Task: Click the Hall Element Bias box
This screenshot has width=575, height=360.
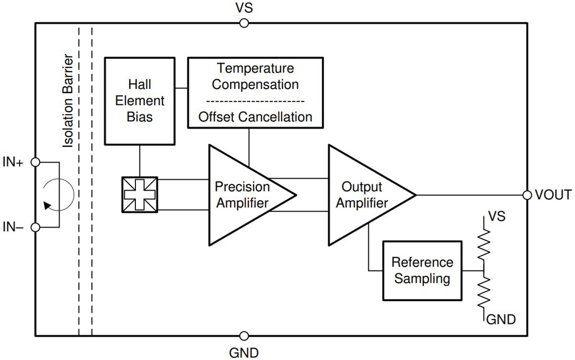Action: coord(140,100)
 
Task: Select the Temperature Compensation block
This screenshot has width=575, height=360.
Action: coord(255,76)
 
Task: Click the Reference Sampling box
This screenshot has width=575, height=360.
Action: coord(422,270)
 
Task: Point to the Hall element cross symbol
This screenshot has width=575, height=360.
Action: coord(140,195)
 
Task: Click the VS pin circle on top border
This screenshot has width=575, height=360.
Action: coord(244,22)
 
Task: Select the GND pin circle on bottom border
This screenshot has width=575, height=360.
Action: coord(244,336)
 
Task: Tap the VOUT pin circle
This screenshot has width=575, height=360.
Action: coord(527,195)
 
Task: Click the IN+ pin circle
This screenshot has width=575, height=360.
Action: coord(35,162)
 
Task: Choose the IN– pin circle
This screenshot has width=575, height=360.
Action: coord(35,227)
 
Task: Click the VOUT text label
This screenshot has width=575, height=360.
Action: coord(553,195)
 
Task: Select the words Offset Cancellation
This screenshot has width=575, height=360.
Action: coord(255,117)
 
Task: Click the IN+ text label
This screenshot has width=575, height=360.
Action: coord(14,162)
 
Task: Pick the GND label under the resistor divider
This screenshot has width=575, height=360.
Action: coord(501,319)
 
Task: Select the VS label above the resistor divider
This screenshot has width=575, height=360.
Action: coord(496,216)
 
